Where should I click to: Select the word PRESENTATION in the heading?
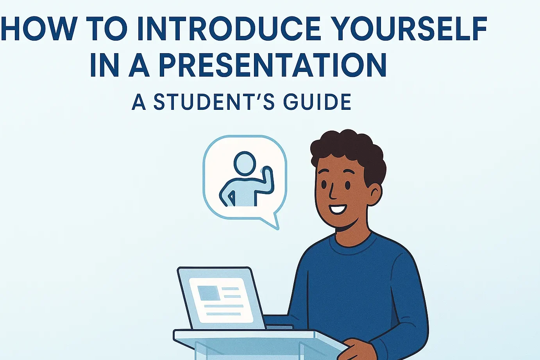[272, 64]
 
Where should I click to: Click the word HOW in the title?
[38, 29]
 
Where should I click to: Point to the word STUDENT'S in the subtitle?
[214, 102]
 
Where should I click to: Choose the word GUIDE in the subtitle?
[317, 102]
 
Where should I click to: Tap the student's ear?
[375, 194]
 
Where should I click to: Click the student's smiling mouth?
[338, 209]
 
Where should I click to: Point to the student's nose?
[332, 192]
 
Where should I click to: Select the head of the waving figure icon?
[245, 163]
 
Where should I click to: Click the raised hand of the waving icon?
[267, 172]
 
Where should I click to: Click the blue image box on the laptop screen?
[208, 293]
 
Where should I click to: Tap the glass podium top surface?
[260, 337]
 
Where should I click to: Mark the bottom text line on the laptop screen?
[224, 314]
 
